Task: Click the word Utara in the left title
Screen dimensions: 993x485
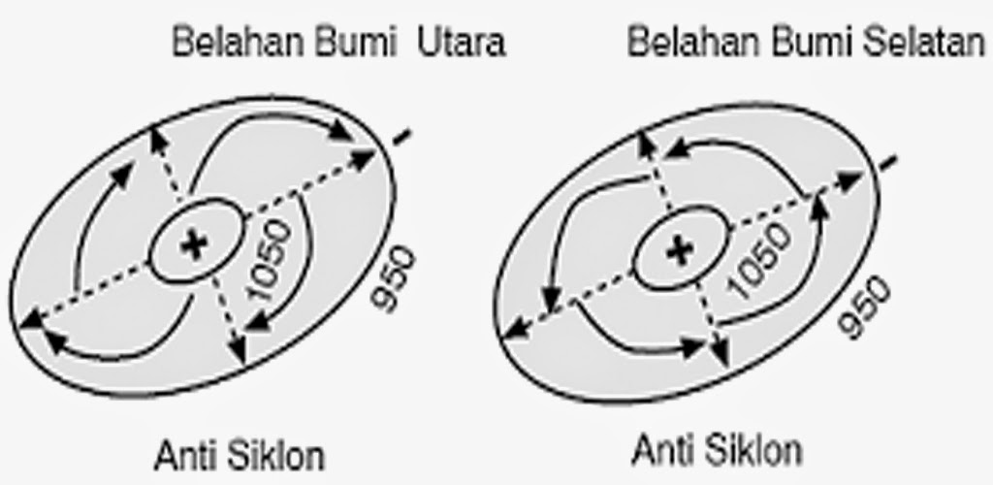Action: tap(462, 44)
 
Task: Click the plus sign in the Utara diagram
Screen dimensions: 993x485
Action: tap(195, 245)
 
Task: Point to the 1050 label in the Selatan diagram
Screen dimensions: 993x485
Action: tap(757, 265)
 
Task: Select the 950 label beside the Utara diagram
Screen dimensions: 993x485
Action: tap(394, 278)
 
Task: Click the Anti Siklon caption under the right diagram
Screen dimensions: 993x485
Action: tap(718, 450)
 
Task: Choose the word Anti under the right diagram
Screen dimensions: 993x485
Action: tap(658, 450)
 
